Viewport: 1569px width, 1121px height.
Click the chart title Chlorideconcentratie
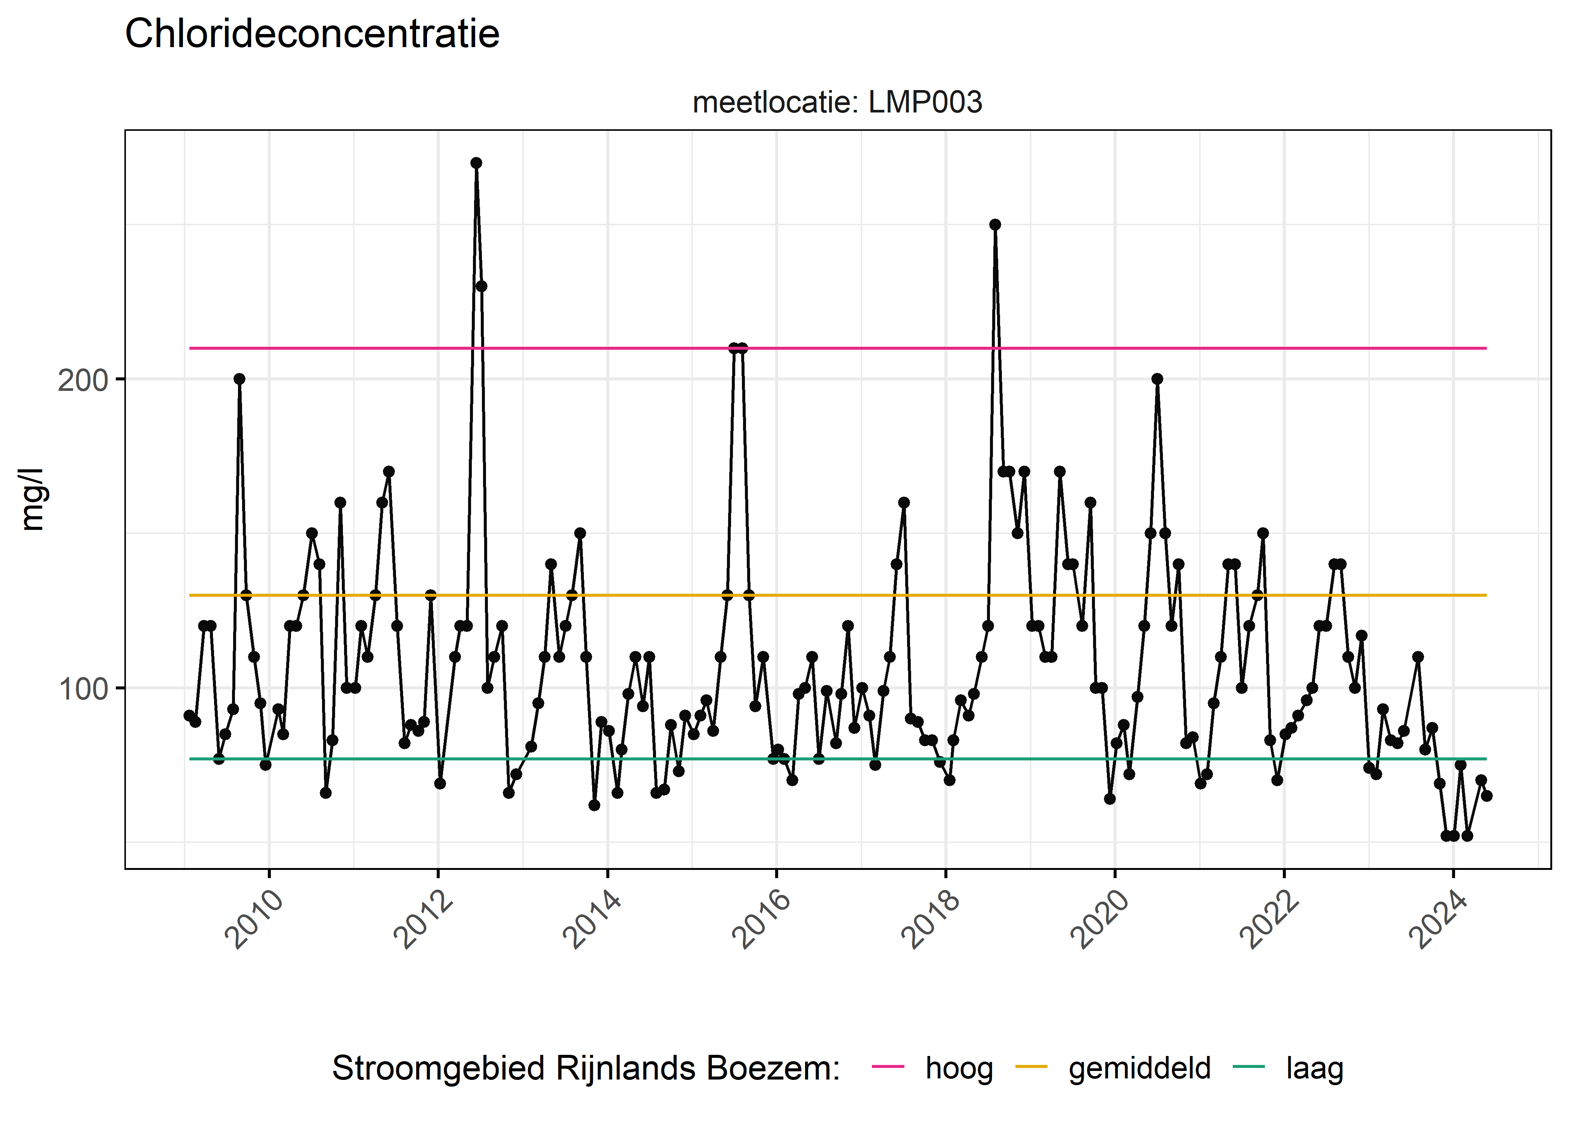312,34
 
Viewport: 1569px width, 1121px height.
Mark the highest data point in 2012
476,163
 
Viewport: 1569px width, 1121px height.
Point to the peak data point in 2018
995,224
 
